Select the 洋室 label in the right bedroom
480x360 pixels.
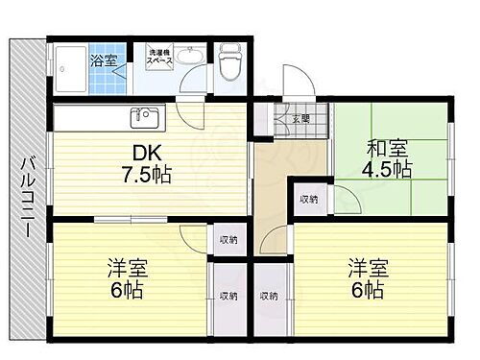371,270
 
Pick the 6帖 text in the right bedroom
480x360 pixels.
371,290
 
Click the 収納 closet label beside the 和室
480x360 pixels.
307,199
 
